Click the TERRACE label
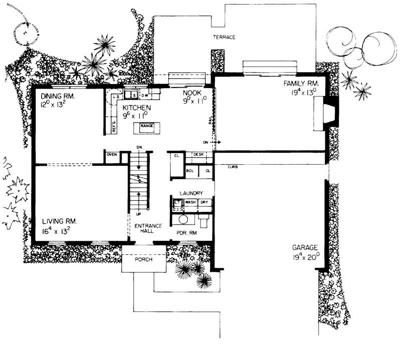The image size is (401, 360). tap(224, 38)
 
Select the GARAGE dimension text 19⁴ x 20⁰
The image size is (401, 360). tap(304, 259)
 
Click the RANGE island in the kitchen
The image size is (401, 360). tap(146, 126)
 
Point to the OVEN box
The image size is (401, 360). tap(112, 155)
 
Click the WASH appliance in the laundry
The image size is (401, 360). tap(190, 202)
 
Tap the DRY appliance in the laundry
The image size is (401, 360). tap(204, 202)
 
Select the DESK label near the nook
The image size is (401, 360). tap(198, 155)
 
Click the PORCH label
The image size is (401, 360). tap(144, 260)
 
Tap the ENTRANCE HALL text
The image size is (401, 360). tap(148, 228)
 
